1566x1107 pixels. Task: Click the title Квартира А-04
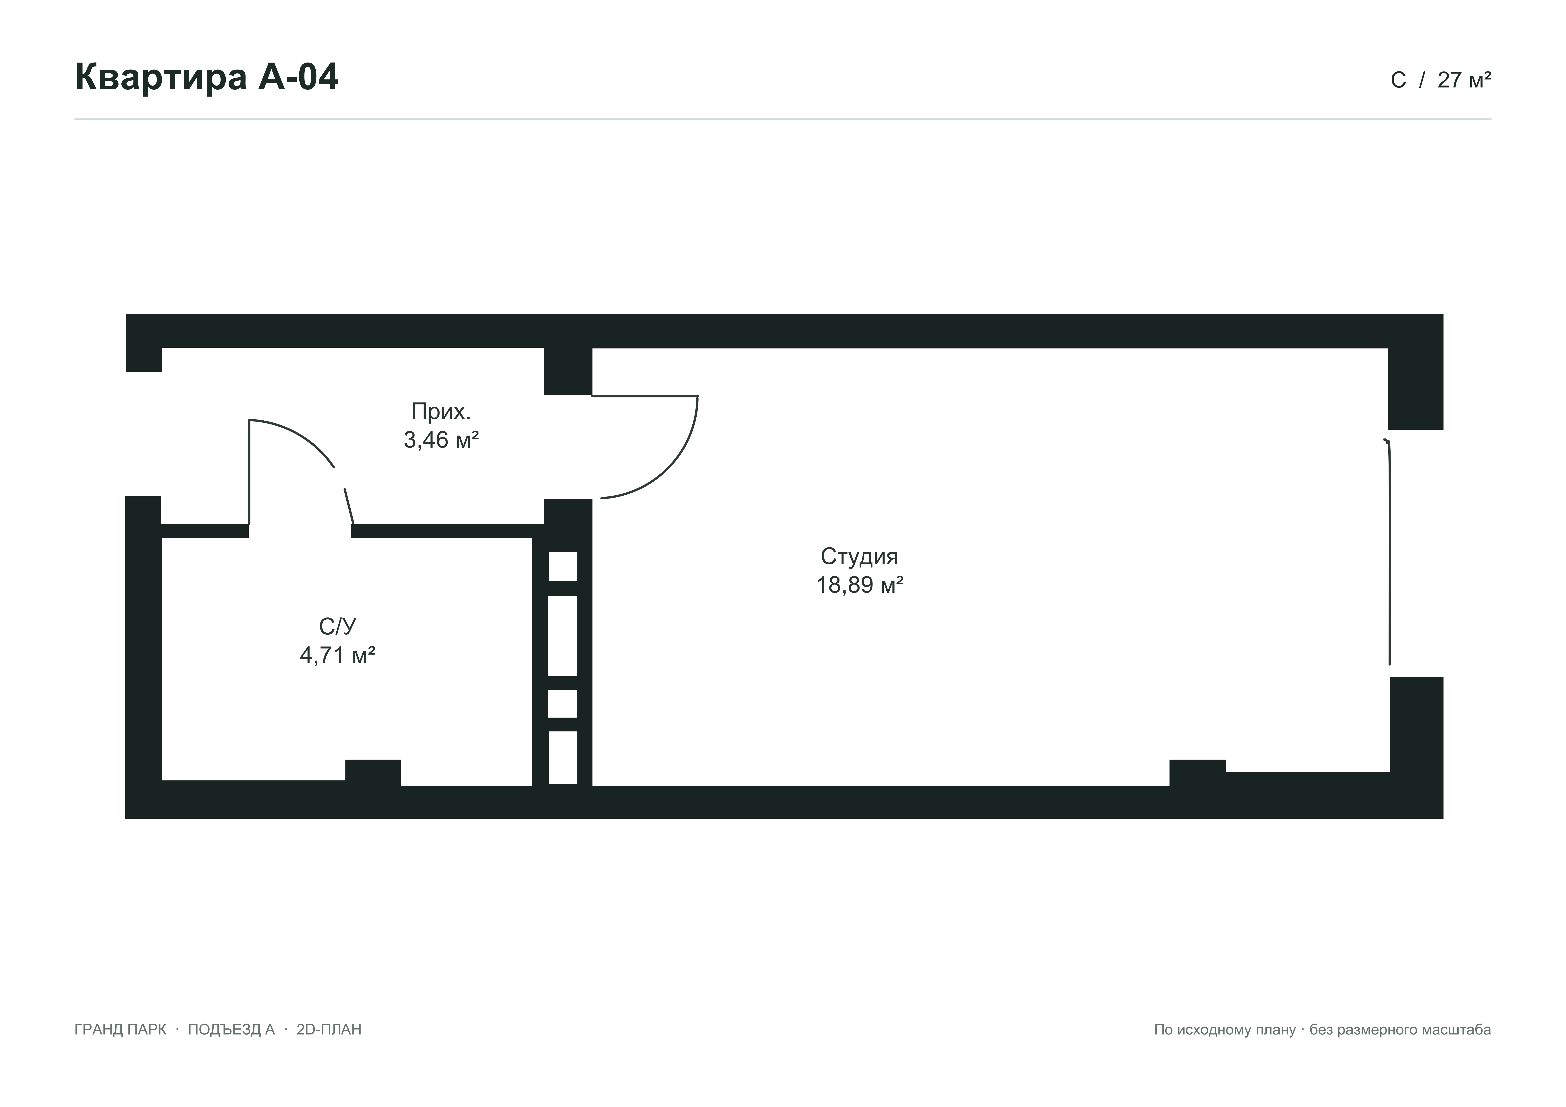(x=206, y=77)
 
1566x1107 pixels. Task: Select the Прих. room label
(x=441, y=411)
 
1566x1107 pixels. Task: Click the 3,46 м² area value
(x=441, y=440)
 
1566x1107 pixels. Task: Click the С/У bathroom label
(x=338, y=626)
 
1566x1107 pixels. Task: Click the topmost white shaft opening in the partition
(x=563, y=566)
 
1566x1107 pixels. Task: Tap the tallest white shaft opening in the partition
(x=563, y=636)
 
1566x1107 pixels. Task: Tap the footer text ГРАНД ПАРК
(x=120, y=1029)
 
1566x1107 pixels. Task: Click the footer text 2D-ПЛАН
(x=329, y=1029)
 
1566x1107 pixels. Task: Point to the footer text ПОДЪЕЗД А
(x=231, y=1029)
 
